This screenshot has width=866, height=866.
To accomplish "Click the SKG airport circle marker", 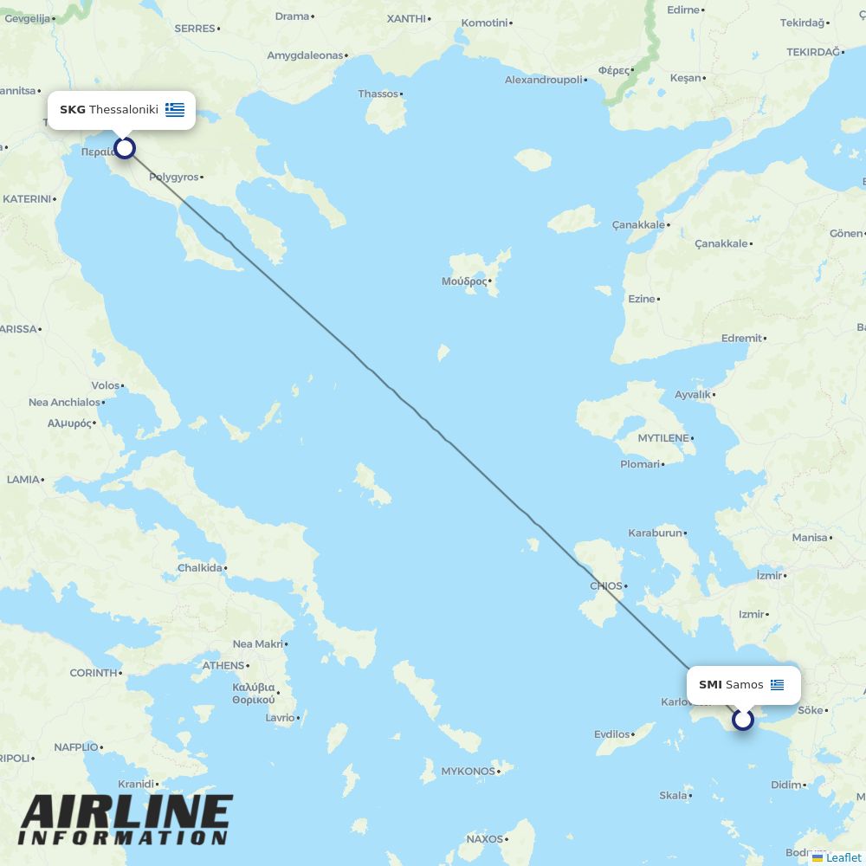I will [x=125, y=148].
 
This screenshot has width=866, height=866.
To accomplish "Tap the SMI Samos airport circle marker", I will [x=743, y=719].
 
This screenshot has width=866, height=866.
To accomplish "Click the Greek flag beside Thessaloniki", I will [x=175, y=110].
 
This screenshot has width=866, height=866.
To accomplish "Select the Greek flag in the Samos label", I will [x=777, y=685].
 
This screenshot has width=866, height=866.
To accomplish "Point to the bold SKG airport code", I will [x=73, y=110].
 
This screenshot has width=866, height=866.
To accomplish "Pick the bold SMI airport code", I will [x=710, y=685].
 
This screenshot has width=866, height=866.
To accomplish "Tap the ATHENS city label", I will [x=223, y=665].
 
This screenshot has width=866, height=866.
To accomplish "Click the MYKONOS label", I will [x=469, y=771].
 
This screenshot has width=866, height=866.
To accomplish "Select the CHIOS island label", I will [x=606, y=585].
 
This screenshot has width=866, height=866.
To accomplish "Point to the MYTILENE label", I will [x=663, y=438].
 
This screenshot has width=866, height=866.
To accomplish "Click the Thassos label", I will [x=378, y=94].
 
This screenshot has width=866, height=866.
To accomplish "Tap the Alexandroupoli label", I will [x=544, y=80].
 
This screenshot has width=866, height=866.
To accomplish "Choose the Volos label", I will [x=106, y=385].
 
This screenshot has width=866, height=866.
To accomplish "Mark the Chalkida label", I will [x=200, y=568].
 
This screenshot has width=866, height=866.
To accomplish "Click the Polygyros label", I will [x=174, y=177].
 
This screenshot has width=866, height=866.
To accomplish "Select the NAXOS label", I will [x=485, y=838].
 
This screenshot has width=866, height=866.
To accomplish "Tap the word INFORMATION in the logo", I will [x=122, y=838].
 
